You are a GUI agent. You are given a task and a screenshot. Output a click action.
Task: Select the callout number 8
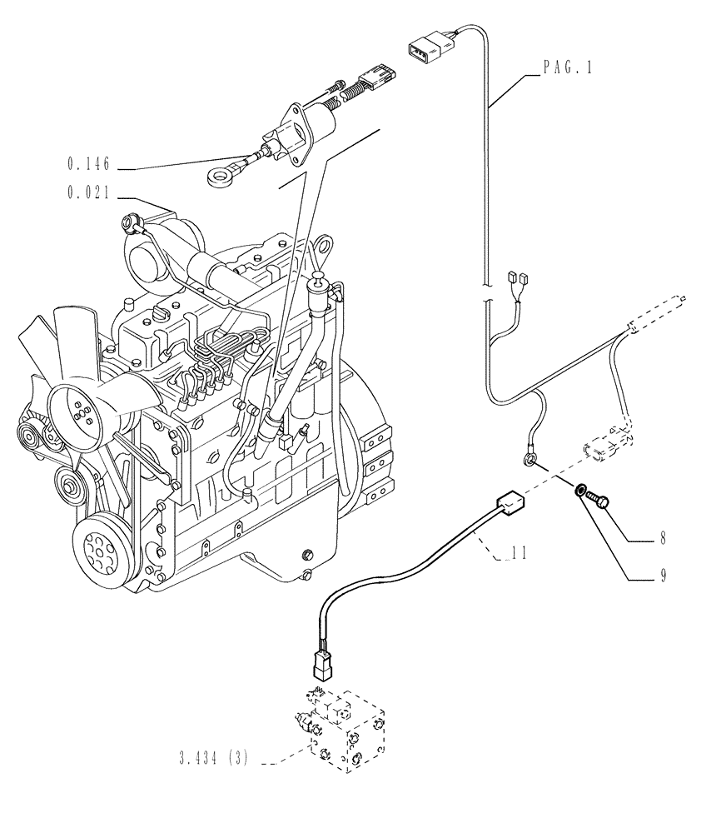[x=663, y=538]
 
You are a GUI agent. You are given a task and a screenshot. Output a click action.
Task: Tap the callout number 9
[x=663, y=575]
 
